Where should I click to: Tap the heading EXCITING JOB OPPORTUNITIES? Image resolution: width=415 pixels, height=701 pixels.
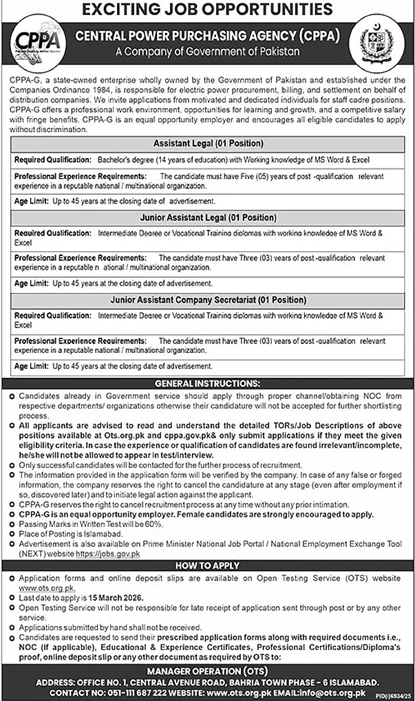click(x=208, y=10)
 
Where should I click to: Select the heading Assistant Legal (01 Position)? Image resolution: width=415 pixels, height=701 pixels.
click(x=209, y=144)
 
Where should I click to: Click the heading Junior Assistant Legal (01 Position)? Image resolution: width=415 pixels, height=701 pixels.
click(x=209, y=217)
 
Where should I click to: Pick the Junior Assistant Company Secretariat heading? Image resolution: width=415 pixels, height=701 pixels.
click(x=209, y=300)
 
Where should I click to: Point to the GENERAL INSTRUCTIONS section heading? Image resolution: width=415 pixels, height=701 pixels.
click(x=207, y=383)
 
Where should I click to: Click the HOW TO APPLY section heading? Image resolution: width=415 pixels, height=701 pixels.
click(x=207, y=565)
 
